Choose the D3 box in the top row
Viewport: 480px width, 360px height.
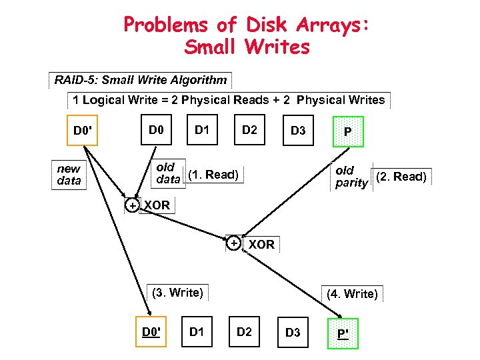coord(297,131)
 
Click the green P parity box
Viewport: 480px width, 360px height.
coord(347,131)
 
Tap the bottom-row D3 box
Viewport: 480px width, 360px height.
coord(293,333)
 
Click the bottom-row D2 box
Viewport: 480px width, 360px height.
coord(245,331)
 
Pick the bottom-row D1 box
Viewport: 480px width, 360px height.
coord(197,331)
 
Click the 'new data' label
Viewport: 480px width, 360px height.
coord(69,175)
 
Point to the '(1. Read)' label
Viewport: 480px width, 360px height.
coord(213,175)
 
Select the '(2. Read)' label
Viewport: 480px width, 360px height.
coord(402,177)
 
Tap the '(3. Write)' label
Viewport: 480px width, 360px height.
coord(177,292)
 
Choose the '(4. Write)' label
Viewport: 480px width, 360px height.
coord(352,293)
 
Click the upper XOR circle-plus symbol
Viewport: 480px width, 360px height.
coord(133,205)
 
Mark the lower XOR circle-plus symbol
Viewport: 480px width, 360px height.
coord(234,243)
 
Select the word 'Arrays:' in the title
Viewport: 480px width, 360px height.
coord(327,25)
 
